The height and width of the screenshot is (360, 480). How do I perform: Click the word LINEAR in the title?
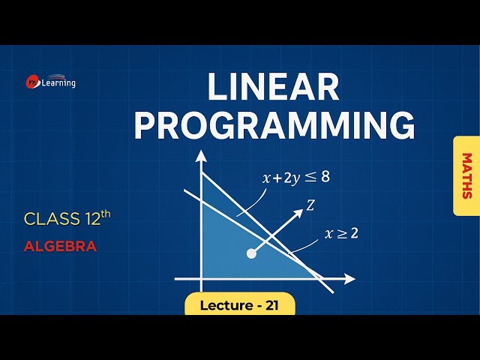pyautogui.click(x=273, y=88)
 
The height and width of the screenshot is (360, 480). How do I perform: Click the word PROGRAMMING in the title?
pyautogui.click(x=274, y=125)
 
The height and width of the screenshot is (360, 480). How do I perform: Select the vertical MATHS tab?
pyautogui.click(x=466, y=176)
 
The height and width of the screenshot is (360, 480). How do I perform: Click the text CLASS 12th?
pyautogui.click(x=67, y=219)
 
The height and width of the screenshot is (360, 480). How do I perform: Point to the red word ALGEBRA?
pyautogui.click(x=60, y=246)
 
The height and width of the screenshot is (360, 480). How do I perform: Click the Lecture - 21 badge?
pyautogui.click(x=240, y=304)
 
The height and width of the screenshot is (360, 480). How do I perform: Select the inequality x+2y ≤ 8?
pyautogui.click(x=295, y=178)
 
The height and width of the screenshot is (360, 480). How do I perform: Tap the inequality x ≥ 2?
pyautogui.click(x=341, y=232)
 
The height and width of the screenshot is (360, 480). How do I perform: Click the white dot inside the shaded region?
pyautogui.click(x=251, y=253)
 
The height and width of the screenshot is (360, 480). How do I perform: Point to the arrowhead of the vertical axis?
pyautogui.click(x=201, y=157)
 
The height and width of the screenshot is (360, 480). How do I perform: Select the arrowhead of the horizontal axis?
pyautogui.click(x=349, y=279)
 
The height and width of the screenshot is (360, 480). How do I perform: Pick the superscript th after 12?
pyautogui.click(x=106, y=214)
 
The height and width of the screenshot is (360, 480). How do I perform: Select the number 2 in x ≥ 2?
pyautogui.click(x=353, y=232)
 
